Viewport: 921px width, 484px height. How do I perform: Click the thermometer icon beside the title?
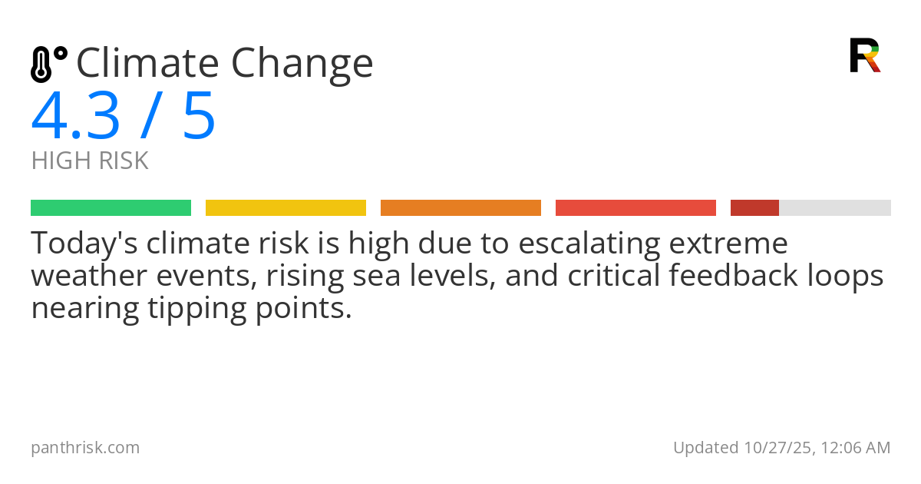click(x=48, y=64)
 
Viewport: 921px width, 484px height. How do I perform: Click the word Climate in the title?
click(x=145, y=63)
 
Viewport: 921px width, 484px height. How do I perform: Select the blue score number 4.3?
click(x=75, y=117)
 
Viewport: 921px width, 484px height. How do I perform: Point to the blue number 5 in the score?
click(x=199, y=117)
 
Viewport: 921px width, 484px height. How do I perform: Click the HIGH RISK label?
click(x=90, y=161)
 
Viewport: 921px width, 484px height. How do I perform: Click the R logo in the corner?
click(x=864, y=55)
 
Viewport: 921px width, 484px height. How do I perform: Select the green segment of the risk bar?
click(x=111, y=208)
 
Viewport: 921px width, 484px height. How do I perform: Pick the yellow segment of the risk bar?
click(x=286, y=208)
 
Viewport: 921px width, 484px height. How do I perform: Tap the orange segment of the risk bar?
click(x=460, y=208)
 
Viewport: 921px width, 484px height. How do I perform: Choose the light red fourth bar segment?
click(x=635, y=208)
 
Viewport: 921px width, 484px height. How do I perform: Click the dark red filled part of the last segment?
click(x=754, y=208)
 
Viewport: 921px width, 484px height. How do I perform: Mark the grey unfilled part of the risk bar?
click(x=835, y=208)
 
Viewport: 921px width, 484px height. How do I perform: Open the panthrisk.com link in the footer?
click(x=85, y=447)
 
